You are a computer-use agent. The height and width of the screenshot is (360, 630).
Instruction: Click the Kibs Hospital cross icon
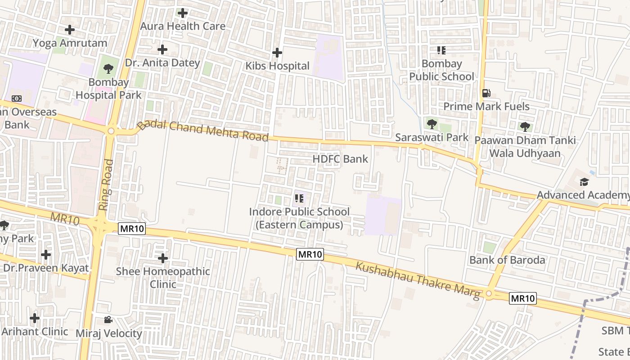(x=277, y=53)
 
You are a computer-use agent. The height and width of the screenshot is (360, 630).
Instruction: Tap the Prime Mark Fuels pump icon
(x=486, y=93)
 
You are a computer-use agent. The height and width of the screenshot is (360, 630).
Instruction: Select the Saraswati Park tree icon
(x=432, y=123)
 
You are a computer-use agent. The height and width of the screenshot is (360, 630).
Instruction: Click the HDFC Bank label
(x=340, y=159)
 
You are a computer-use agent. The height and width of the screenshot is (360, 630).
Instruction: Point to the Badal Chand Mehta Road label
(x=203, y=131)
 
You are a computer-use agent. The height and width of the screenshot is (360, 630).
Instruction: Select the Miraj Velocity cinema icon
(x=108, y=320)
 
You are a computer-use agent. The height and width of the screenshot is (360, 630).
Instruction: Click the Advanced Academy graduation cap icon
(x=584, y=182)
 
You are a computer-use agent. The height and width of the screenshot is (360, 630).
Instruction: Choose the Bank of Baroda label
(x=507, y=260)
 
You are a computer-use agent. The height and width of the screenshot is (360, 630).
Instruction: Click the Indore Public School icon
(x=299, y=198)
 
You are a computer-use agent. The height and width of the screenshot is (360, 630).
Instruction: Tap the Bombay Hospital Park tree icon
(x=108, y=69)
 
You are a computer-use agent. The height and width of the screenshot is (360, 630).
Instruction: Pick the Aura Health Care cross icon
(x=183, y=13)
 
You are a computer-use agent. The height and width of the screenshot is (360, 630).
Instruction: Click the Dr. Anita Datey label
(x=162, y=63)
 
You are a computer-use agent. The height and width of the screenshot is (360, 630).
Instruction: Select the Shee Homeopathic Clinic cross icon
(x=163, y=258)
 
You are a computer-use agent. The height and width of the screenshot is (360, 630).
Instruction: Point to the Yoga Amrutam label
(x=70, y=43)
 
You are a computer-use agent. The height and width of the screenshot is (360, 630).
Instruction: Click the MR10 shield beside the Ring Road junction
(x=132, y=229)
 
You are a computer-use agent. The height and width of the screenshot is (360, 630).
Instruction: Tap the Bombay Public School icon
(x=441, y=50)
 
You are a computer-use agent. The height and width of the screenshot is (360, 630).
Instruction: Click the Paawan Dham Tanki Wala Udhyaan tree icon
(x=525, y=127)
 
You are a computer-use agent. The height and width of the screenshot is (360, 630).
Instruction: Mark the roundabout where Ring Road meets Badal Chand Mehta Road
(x=111, y=131)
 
